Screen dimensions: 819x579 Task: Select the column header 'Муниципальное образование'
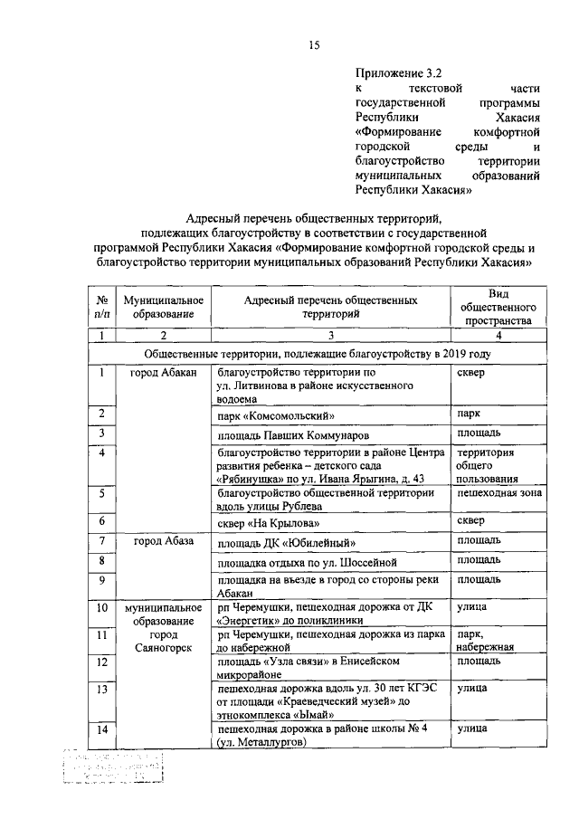[x=164, y=306]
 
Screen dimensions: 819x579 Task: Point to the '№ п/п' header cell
[x=103, y=306]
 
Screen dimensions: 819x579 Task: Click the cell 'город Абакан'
[x=164, y=372]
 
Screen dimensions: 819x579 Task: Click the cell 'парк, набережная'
[x=487, y=641]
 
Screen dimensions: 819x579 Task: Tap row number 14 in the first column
[x=103, y=729]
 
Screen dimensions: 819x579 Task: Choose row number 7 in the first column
[x=103, y=541]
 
